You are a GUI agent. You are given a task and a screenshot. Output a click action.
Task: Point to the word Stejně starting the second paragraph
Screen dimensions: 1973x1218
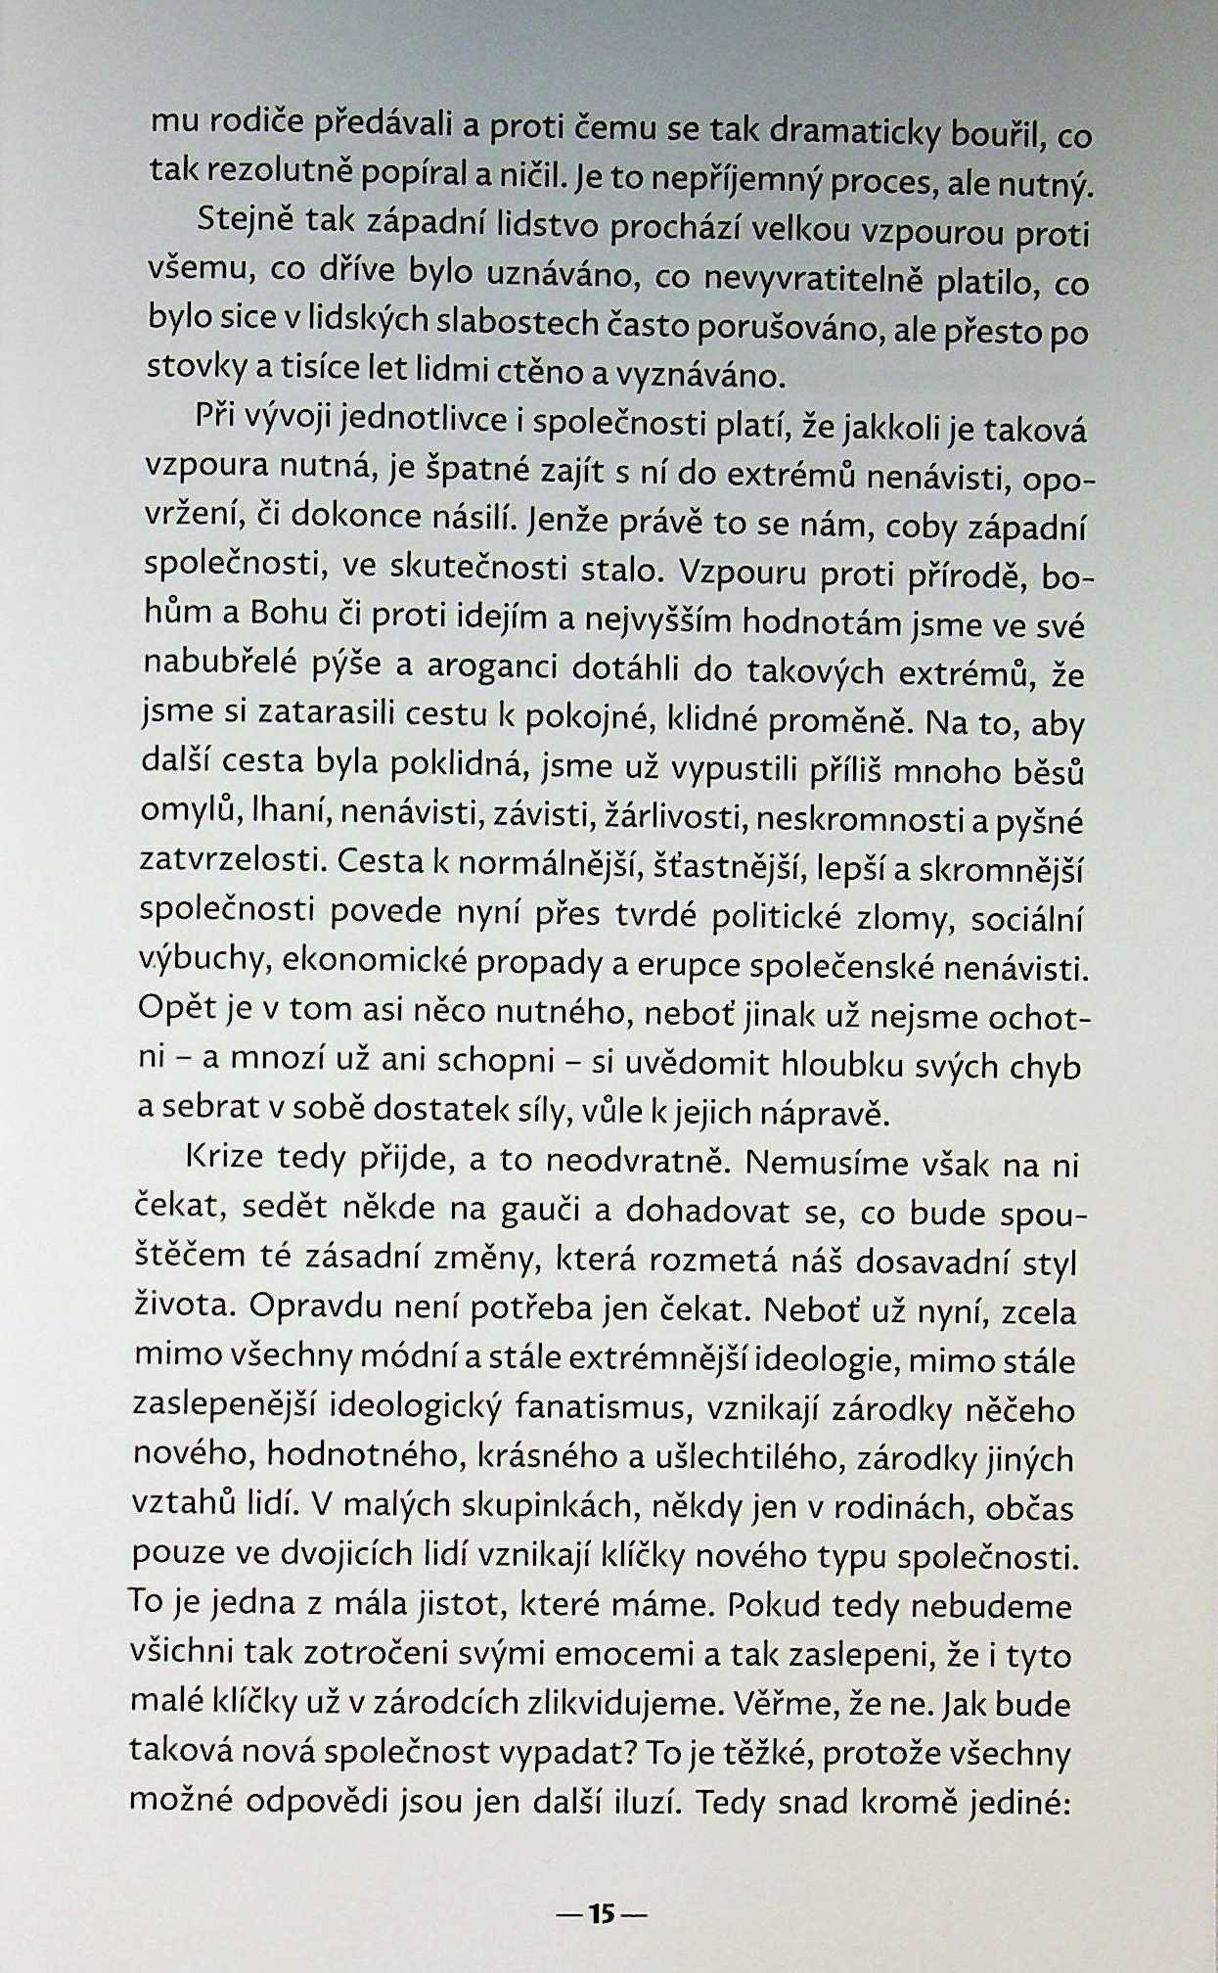(x=244, y=221)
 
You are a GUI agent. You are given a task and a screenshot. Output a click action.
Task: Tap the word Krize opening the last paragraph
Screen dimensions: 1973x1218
(x=223, y=1159)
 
